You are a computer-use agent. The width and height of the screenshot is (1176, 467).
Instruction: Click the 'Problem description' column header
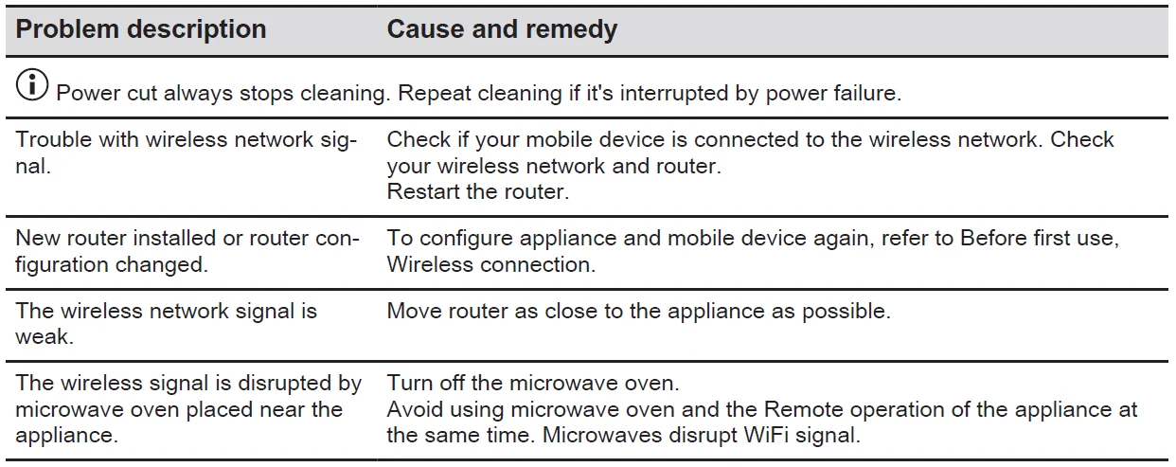pyautogui.click(x=141, y=29)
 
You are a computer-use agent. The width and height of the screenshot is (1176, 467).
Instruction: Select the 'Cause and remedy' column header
pyautogui.click(x=502, y=29)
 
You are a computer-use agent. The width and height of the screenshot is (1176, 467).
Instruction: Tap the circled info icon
pyautogui.click(x=32, y=84)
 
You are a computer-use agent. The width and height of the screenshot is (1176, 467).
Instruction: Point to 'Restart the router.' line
pyautogui.click(x=478, y=191)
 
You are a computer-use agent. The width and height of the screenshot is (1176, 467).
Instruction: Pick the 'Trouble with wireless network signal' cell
pyautogui.click(x=186, y=153)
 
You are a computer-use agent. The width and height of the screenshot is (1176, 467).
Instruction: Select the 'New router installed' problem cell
pyautogui.click(x=187, y=251)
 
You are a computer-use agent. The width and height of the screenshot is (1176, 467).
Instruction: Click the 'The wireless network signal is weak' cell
pyautogui.click(x=166, y=324)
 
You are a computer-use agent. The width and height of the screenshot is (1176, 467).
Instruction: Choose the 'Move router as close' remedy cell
pyautogui.click(x=638, y=311)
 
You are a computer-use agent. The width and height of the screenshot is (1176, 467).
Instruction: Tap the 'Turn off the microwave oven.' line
pyautogui.click(x=533, y=383)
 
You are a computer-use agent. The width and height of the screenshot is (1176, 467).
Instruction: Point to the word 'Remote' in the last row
pyautogui.click(x=803, y=409)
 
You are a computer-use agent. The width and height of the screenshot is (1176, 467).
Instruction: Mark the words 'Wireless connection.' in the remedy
pyautogui.click(x=490, y=264)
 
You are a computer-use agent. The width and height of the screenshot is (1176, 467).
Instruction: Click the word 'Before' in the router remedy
pyautogui.click(x=993, y=238)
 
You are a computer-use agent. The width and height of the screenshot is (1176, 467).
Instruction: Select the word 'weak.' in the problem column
pyautogui.click(x=45, y=336)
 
